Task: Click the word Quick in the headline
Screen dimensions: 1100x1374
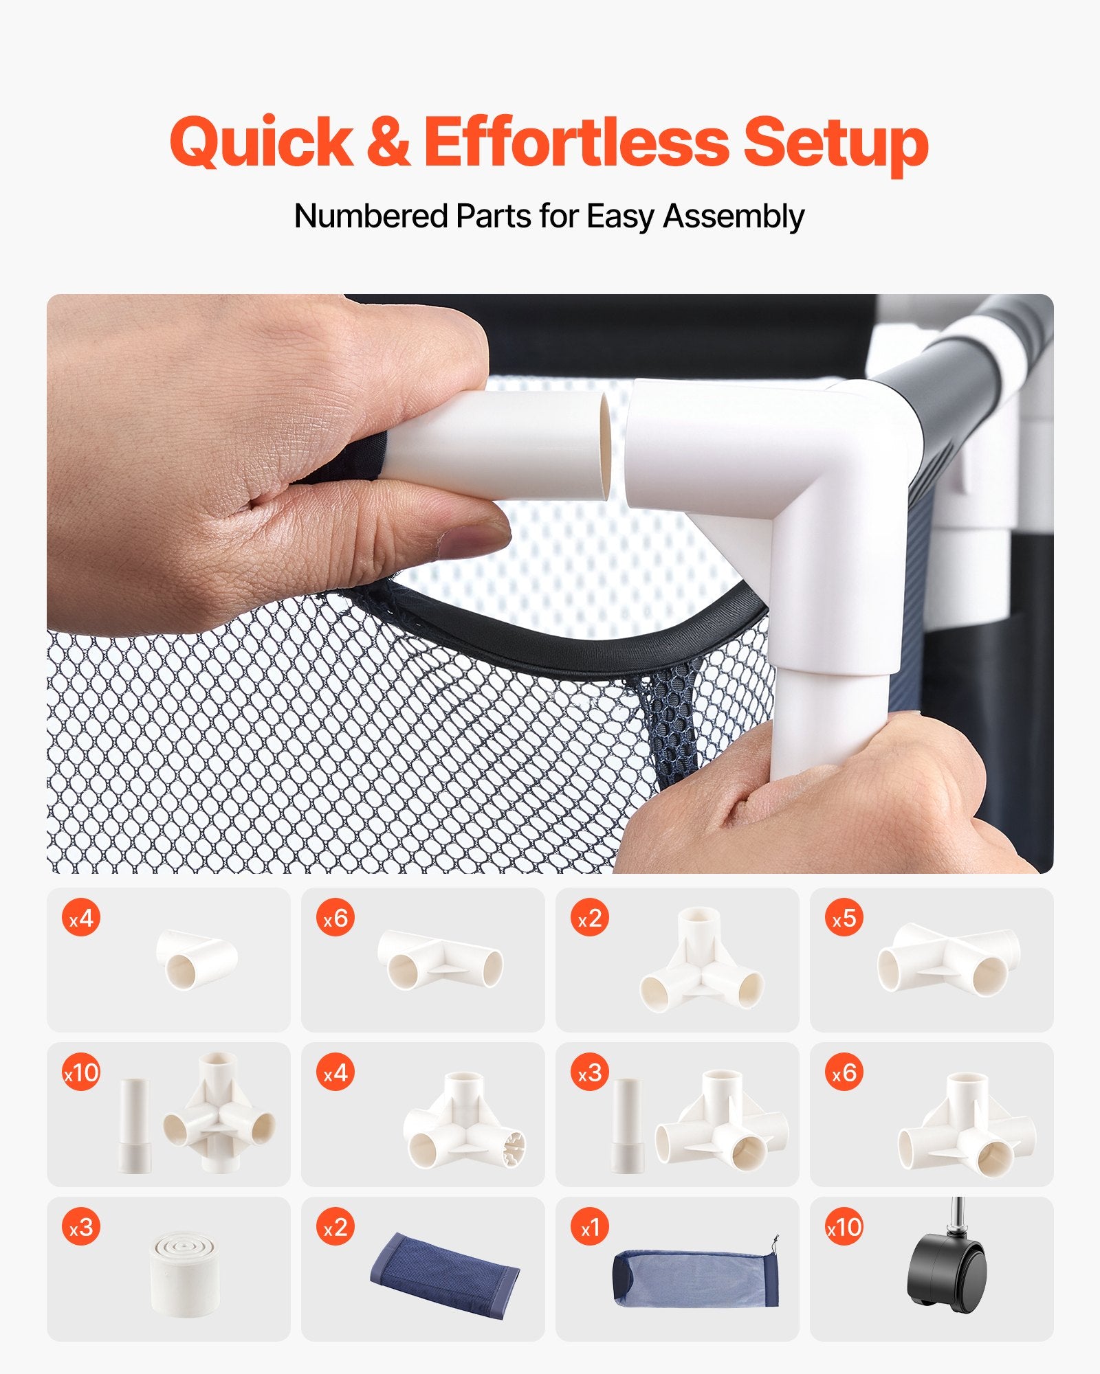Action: tap(261, 142)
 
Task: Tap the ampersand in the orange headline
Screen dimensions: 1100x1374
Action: tap(388, 142)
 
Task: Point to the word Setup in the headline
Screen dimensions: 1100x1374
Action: tap(836, 144)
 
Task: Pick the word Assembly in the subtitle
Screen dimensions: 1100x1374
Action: tap(734, 217)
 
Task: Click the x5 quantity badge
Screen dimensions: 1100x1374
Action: tap(844, 918)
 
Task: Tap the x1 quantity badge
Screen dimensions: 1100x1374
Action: tap(590, 1227)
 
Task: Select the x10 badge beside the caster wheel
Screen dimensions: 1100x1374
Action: tap(844, 1227)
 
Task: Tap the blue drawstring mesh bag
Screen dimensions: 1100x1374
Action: tap(696, 1276)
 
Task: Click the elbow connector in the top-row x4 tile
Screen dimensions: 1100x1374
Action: tap(197, 958)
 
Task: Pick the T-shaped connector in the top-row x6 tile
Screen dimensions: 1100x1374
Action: tap(440, 959)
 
